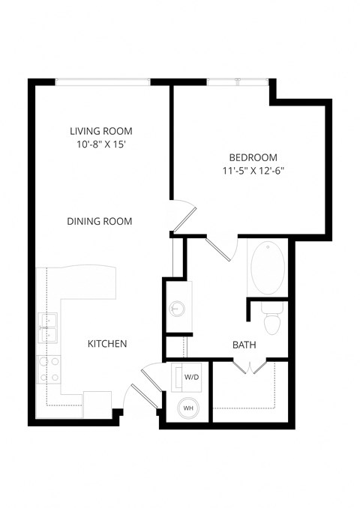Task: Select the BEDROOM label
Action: coord(253,157)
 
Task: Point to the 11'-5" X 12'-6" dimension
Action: coord(253,171)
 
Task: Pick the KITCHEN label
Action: coord(107,344)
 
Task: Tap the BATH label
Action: coord(244,345)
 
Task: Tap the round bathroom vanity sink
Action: coord(178,307)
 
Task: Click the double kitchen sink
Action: coord(49,324)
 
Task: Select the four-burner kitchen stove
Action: coord(49,368)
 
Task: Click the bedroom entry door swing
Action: coord(181,214)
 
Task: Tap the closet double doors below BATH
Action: coord(248,366)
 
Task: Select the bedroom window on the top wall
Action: coord(236,81)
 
